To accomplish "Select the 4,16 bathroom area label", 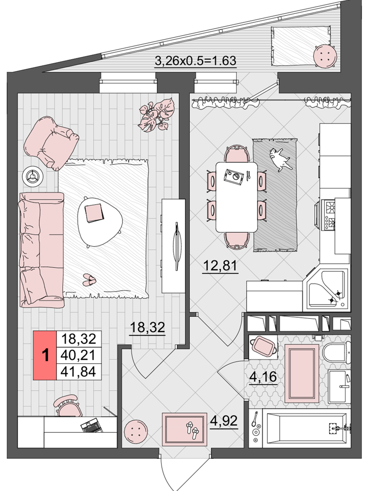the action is click(x=263, y=377).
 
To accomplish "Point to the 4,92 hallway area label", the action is click(x=223, y=421).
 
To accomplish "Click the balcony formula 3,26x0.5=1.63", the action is click(x=196, y=60).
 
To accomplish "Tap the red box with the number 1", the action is click(x=45, y=355).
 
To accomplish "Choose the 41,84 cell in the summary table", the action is click(x=79, y=372).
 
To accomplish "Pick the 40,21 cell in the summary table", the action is click(x=79, y=355).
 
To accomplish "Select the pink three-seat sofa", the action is click(x=42, y=249).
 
